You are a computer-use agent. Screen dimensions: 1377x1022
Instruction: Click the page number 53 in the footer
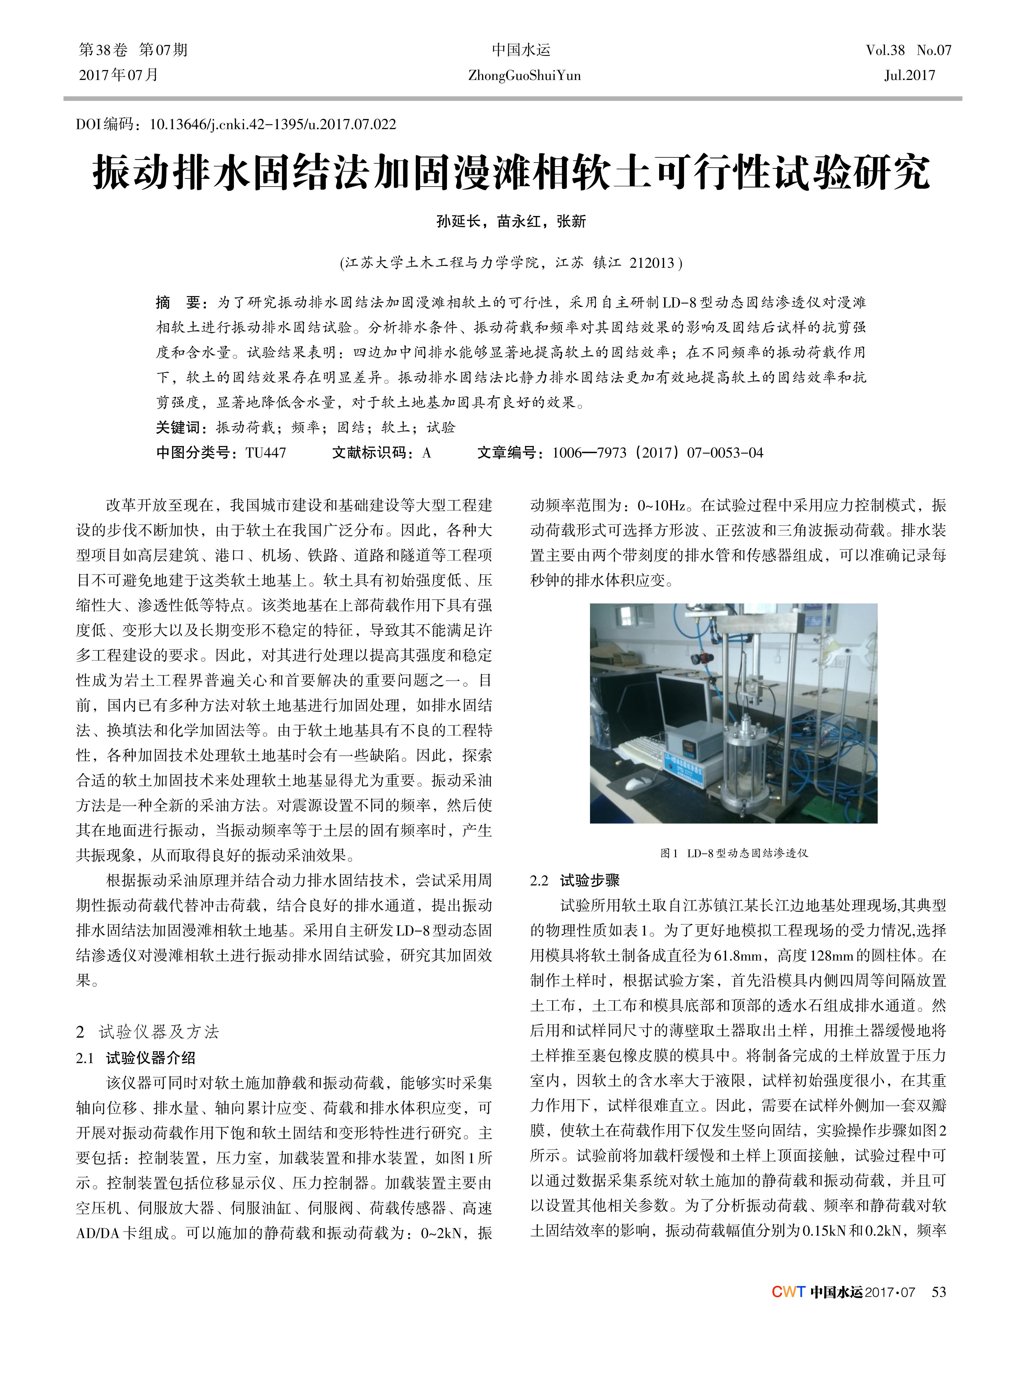pyautogui.click(x=939, y=1292)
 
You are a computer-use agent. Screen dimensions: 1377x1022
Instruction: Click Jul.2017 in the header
pyautogui.click(x=910, y=75)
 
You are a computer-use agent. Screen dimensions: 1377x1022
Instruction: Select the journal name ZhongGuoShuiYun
pyautogui.click(x=524, y=75)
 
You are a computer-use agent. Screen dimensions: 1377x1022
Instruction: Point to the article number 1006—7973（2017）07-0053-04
pyautogui.click(x=658, y=453)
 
